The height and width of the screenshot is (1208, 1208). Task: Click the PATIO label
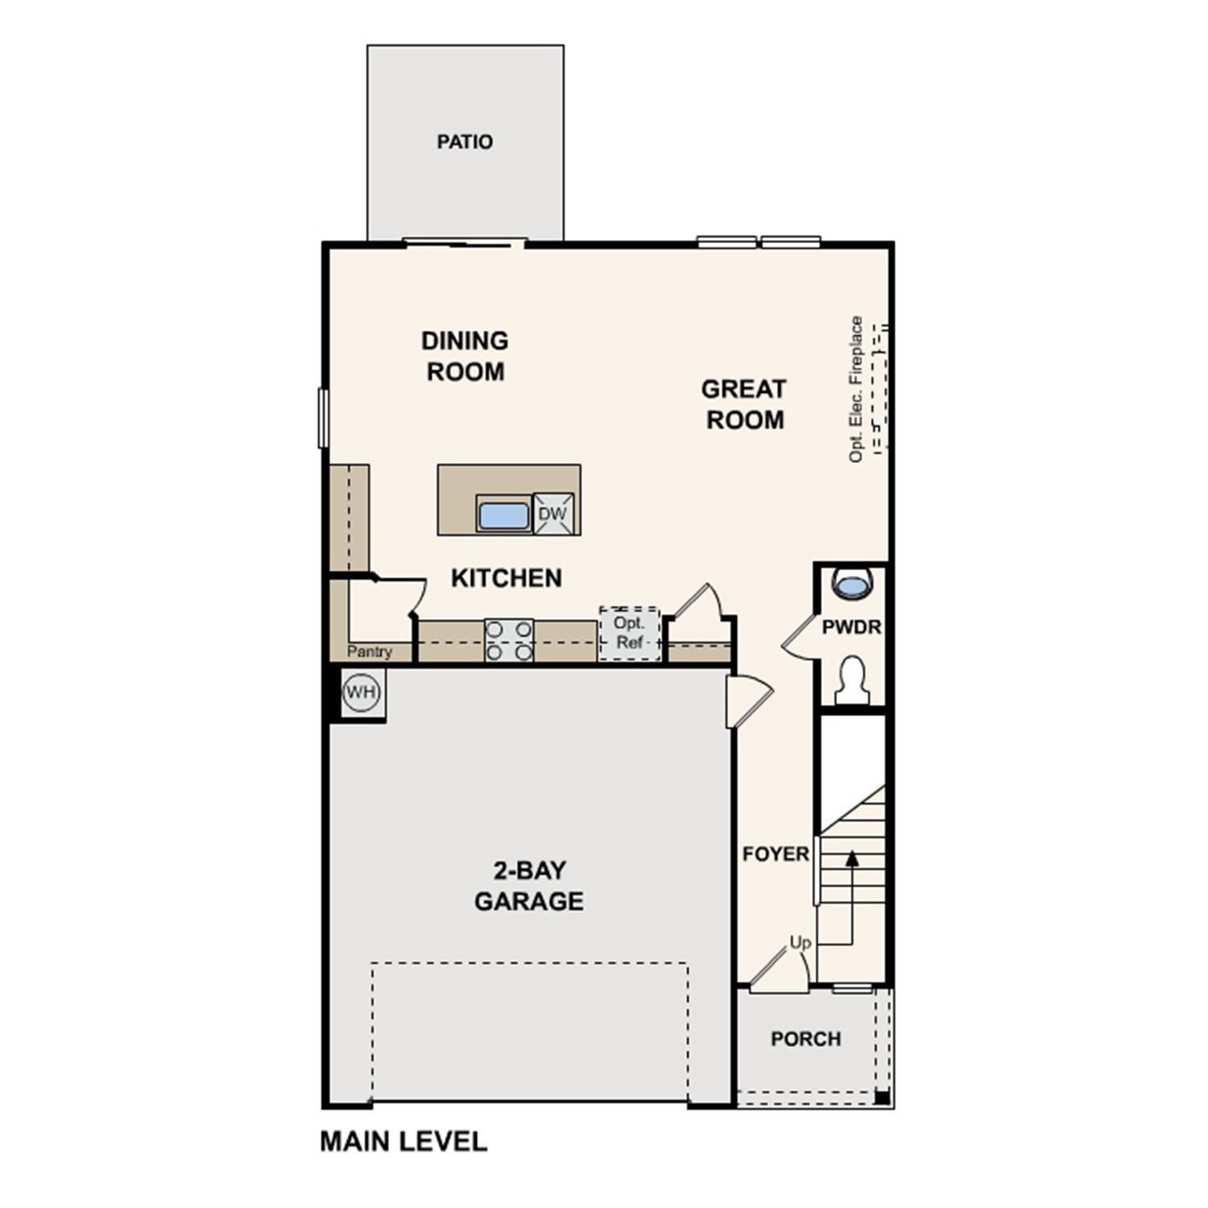click(465, 142)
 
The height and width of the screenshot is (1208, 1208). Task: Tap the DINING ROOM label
click(465, 356)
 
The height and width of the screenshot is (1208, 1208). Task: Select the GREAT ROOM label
click(744, 404)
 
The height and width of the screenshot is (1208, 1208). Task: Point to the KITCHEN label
click(506, 577)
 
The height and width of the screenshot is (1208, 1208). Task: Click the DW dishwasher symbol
click(552, 514)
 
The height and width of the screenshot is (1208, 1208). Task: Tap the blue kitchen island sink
click(503, 515)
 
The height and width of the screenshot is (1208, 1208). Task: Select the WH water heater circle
click(360, 692)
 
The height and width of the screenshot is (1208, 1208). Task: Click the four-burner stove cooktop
click(509, 640)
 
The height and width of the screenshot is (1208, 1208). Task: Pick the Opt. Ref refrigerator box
click(629, 634)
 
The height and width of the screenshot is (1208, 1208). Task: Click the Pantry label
click(370, 652)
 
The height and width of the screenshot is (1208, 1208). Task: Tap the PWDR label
click(851, 627)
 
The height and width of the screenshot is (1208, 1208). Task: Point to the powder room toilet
click(851, 681)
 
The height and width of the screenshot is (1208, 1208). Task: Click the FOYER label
click(776, 854)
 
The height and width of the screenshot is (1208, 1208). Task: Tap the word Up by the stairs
click(800, 942)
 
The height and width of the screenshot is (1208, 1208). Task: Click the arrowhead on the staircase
click(852, 858)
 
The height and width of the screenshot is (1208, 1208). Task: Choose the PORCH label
click(805, 1039)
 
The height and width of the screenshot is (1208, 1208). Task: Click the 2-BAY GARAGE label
click(528, 885)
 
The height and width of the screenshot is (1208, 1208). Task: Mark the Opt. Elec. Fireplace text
click(856, 389)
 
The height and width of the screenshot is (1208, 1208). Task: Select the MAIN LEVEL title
click(403, 1141)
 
